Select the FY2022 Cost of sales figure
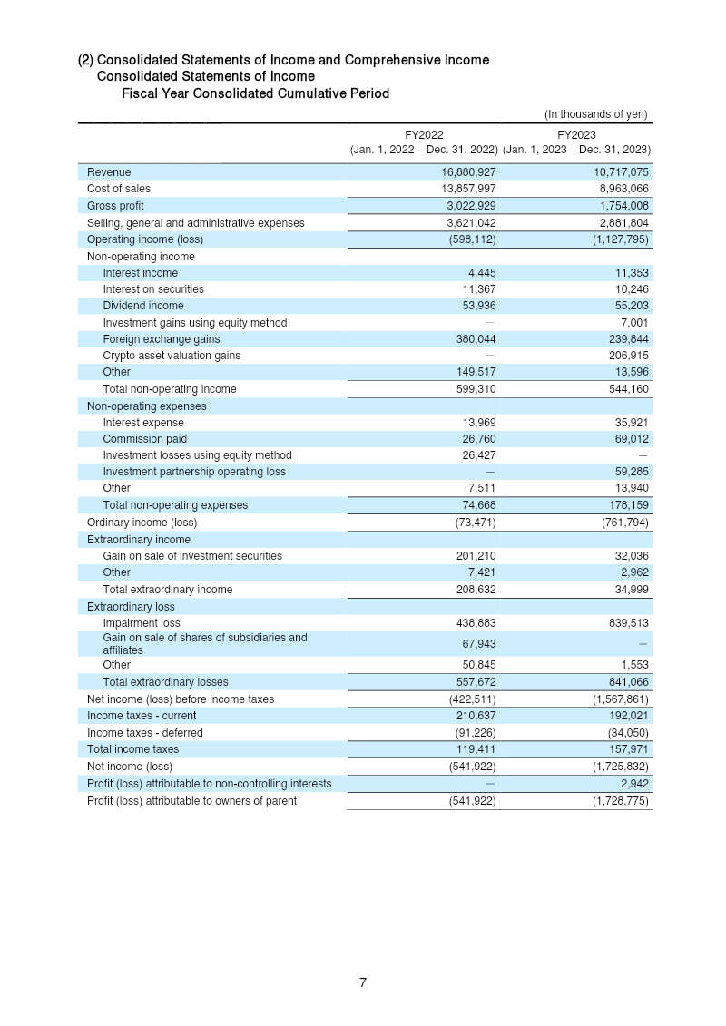coord(465,189)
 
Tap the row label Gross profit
coord(115,206)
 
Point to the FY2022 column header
coord(425,134)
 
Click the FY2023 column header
coord(576,134)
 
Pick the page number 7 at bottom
coord(363,982)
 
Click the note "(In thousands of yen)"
coord(595,114)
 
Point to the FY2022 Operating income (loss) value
coord(472,239)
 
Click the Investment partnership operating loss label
coord(194,472)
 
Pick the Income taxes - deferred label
coord(145,733)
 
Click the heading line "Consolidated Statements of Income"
coord(206,76)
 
